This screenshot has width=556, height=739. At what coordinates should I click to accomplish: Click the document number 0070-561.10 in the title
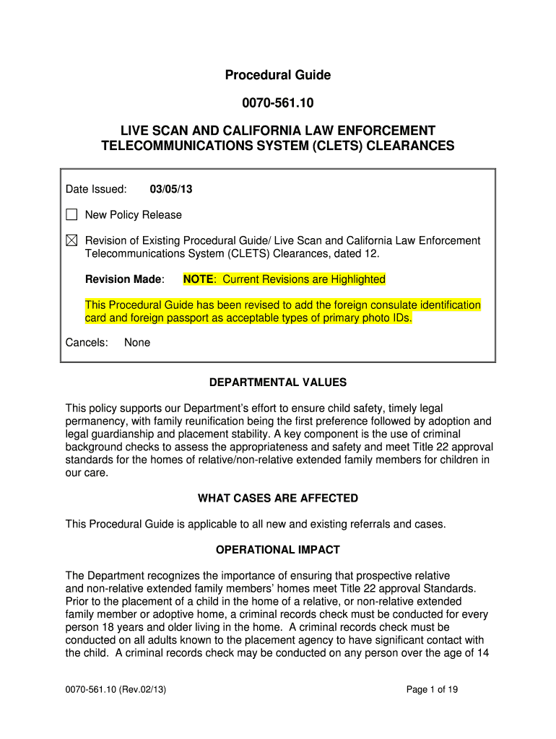click(x=277, y=103)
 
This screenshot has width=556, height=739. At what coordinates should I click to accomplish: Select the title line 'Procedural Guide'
click(x=277, y=75)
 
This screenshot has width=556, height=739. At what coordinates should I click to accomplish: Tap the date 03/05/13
click(x=171, y=189)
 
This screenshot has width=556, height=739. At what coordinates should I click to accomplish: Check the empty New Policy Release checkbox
click(x=71, y=215)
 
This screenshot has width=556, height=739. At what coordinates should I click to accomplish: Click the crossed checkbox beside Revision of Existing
click(x=71, y=241)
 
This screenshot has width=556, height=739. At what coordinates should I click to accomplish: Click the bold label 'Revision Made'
click(x=124, y=279)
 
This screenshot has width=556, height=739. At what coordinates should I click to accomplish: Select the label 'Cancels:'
click(x=87, y=343)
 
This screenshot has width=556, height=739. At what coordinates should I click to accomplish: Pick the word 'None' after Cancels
click(x=137, y=343)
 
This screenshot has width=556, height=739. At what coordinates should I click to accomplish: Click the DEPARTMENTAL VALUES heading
click(x=277, y=382)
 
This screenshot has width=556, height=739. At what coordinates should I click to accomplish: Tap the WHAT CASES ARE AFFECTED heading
click(x=277, y=499)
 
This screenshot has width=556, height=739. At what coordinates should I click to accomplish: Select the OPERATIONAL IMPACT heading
click(x=277, y=550)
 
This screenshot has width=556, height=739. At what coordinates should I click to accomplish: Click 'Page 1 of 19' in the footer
click(x=433, y=690)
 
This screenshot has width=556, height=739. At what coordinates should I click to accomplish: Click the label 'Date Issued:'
click(x=96, y=189)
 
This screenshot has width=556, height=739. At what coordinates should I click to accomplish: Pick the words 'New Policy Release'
click(x=134, y=215)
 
